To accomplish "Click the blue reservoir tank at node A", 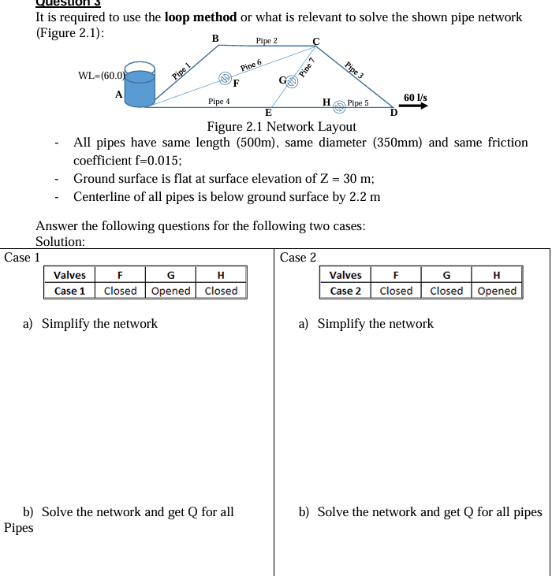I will pos(141,86).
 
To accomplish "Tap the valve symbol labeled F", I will pos(224,77).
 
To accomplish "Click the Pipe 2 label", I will pos(267,40).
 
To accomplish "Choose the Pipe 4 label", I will pos(218,102).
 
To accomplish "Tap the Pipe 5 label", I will pos(358,103).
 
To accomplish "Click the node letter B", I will pos(215,38).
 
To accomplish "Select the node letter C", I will pos(315,41).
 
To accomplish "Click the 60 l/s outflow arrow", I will pos(416,106).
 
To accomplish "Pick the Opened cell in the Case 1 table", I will pos(170,291).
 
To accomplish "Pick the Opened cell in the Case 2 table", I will pos(497,291).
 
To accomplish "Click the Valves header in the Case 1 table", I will pos(69,275).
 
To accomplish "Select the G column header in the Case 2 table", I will pos(446,275).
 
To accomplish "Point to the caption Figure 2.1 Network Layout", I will pos(282,127).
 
